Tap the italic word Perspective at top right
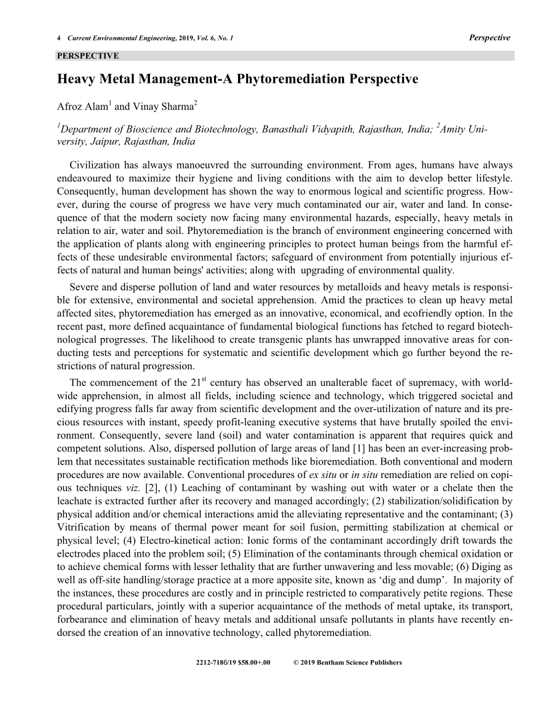click(490, 37)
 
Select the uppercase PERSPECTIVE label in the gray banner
click(88, 55)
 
